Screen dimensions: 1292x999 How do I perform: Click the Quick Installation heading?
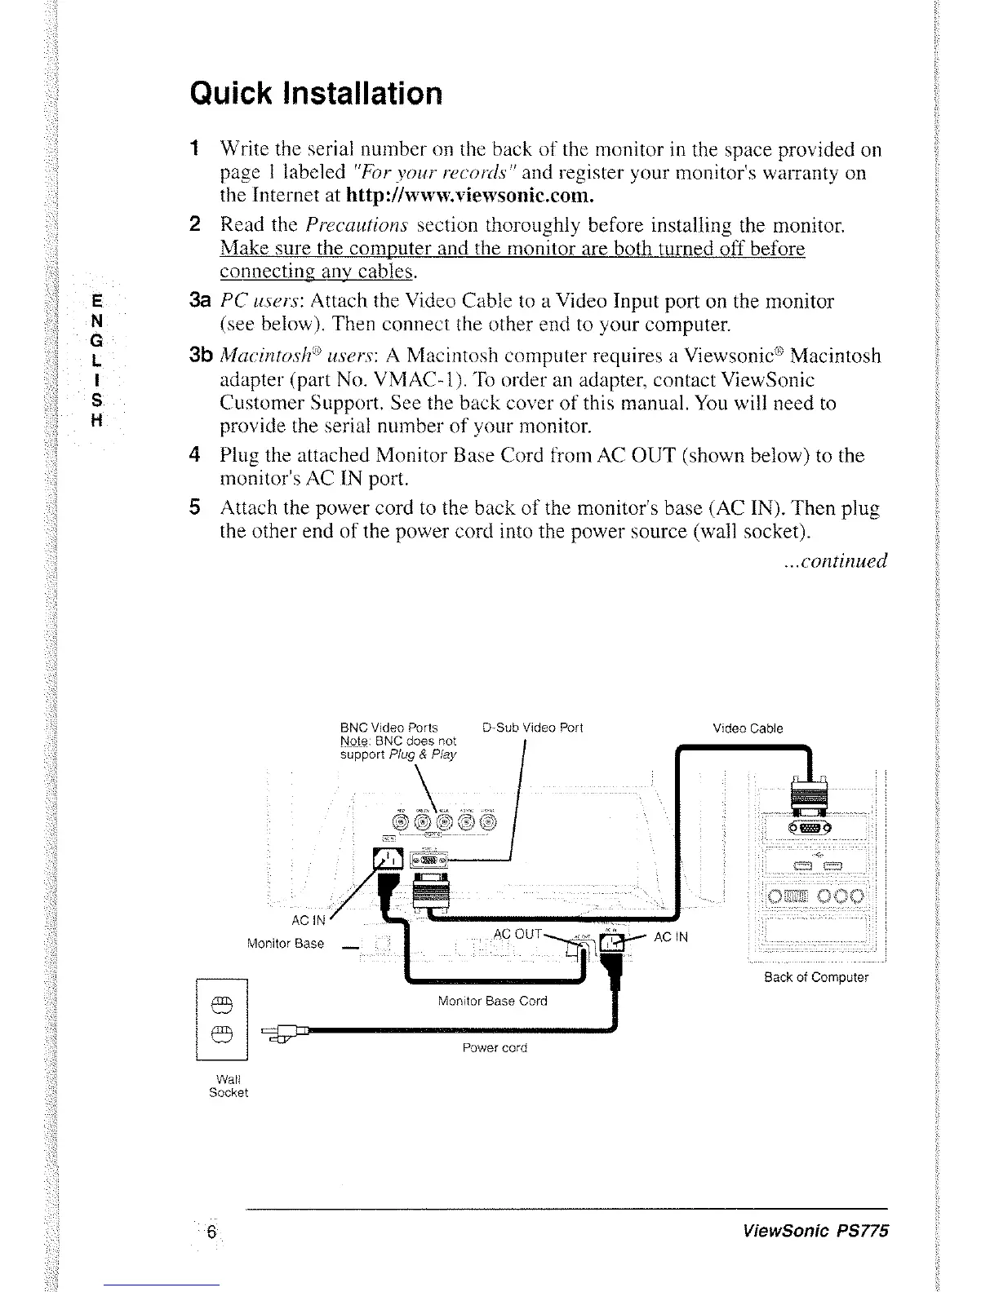pyautogui.click(x=315, y=93)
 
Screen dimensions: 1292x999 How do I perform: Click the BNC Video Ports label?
pyautogui.click(x=388, y=728)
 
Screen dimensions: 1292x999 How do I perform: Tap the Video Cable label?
pyautogui.click(x=748, y=728)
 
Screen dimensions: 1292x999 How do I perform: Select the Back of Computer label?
pyautogui.click(x=816, y=977)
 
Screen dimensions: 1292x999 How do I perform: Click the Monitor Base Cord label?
pyautogui.click(x=492, y=1001)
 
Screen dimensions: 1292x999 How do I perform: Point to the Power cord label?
pyautogui.click(x=495, y=1047)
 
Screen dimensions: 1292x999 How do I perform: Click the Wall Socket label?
pyautogui.click(x=228, y=1086)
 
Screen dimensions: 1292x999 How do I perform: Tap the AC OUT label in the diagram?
pyautogui.click(x=517, y=934)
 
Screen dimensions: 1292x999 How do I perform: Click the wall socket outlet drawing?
pyautogui.click(x=222, y=1019)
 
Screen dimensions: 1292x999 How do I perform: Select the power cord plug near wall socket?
pyautogui.click(x=282, y=1034)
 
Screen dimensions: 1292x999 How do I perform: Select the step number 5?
pyautogui.click(x=194, y=508)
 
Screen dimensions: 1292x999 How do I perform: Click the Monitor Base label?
pyautogui.click(x=285, y=944)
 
